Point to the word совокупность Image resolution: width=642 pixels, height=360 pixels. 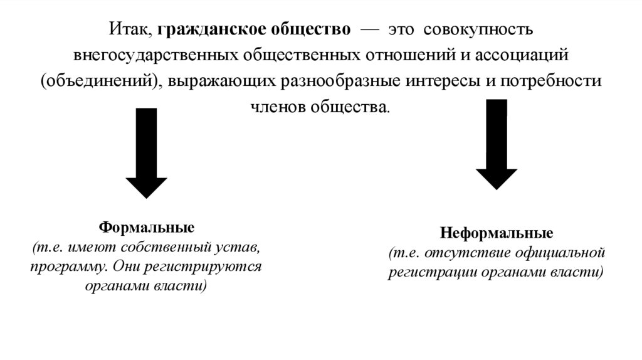(478, 29)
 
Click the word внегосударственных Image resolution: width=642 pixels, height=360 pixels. (154, 55)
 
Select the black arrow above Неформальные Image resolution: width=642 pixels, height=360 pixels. (496, 144)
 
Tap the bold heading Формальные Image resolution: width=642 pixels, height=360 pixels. (147, 226)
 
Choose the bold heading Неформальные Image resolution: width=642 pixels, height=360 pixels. (497, 235)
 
